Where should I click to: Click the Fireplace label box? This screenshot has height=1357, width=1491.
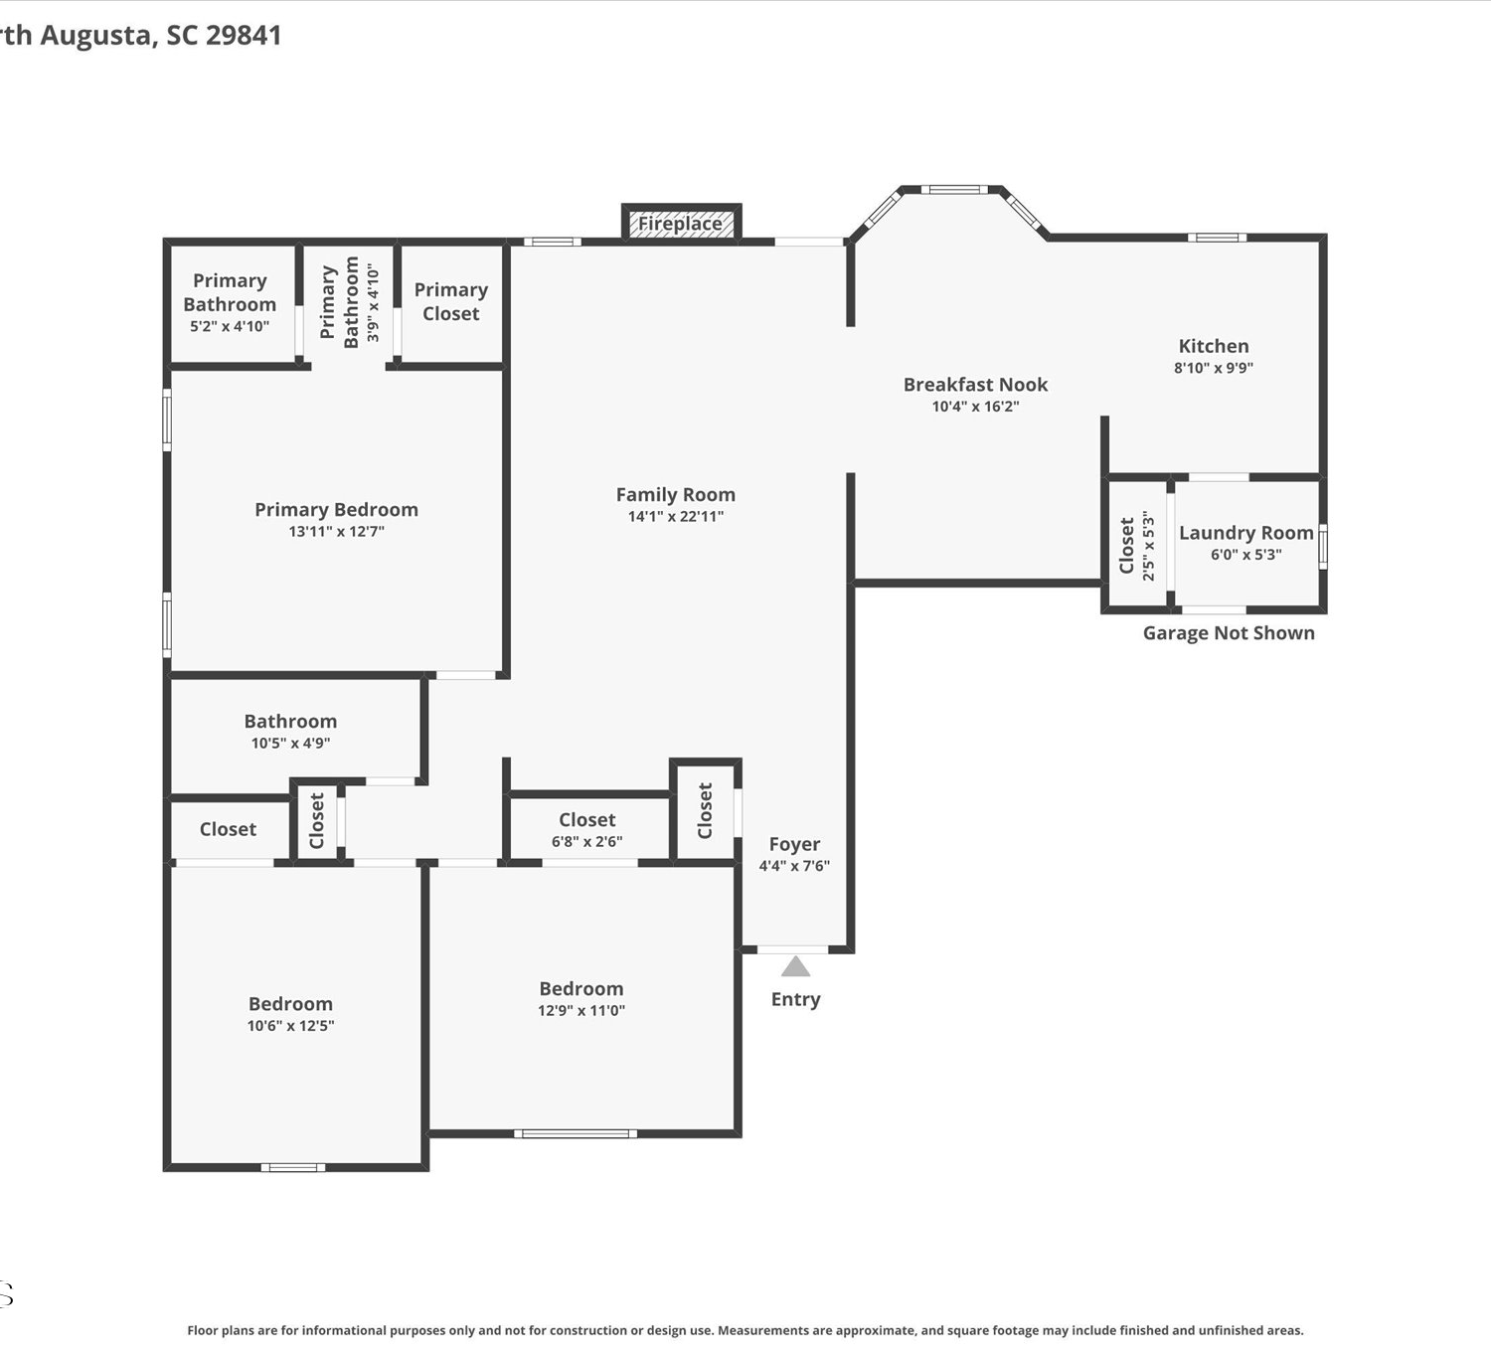pyautogui.click(x=682, y=223)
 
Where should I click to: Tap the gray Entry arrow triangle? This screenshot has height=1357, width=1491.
pyautogui.click(x=795, y=966)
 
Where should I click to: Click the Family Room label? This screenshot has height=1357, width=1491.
pyautogui.click(x=676, y=494)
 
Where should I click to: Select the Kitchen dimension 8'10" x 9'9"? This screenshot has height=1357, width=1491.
pyautogui.click(x=1213, y=367)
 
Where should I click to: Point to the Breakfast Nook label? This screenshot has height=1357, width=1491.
pyautogui.click(x=975, y=385)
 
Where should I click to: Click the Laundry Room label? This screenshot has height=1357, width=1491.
pyautogui.click(x=1245, y=533)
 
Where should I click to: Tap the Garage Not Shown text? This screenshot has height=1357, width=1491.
pyautogui.click(x=1229, y=633)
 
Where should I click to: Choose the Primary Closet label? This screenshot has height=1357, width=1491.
pyautogui.click(x=451, y=301)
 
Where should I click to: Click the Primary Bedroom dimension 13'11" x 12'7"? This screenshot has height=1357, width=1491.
pyautogui.click(x=337, y=531)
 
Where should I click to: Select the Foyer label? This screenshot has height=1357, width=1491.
pyautogui.click(x=794, y=845)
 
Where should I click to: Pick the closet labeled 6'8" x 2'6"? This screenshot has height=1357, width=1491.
pyautogui.click(x=587, y=829)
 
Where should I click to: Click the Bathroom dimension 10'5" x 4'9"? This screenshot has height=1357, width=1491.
pyautogui.click(x=290, y=743)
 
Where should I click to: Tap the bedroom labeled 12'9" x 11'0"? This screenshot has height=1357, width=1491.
pyautogui.click(x=581, y=998)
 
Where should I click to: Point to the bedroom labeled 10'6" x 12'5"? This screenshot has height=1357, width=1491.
pyautogui.click(x=290, y=1014)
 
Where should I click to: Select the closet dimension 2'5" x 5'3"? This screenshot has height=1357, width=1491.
pyautogui.click(x=1148, y=546)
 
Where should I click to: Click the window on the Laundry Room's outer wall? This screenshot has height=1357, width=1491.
pyautogui.click(x=1323, y=547)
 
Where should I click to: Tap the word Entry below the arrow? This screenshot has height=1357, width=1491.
pyautogui.click(x=795, y=1000)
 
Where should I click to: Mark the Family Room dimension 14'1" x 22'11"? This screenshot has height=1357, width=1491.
pyautogui.click(x=676, y=516)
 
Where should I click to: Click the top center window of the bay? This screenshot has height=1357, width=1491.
pyautogui.click(x=954, y=190)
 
